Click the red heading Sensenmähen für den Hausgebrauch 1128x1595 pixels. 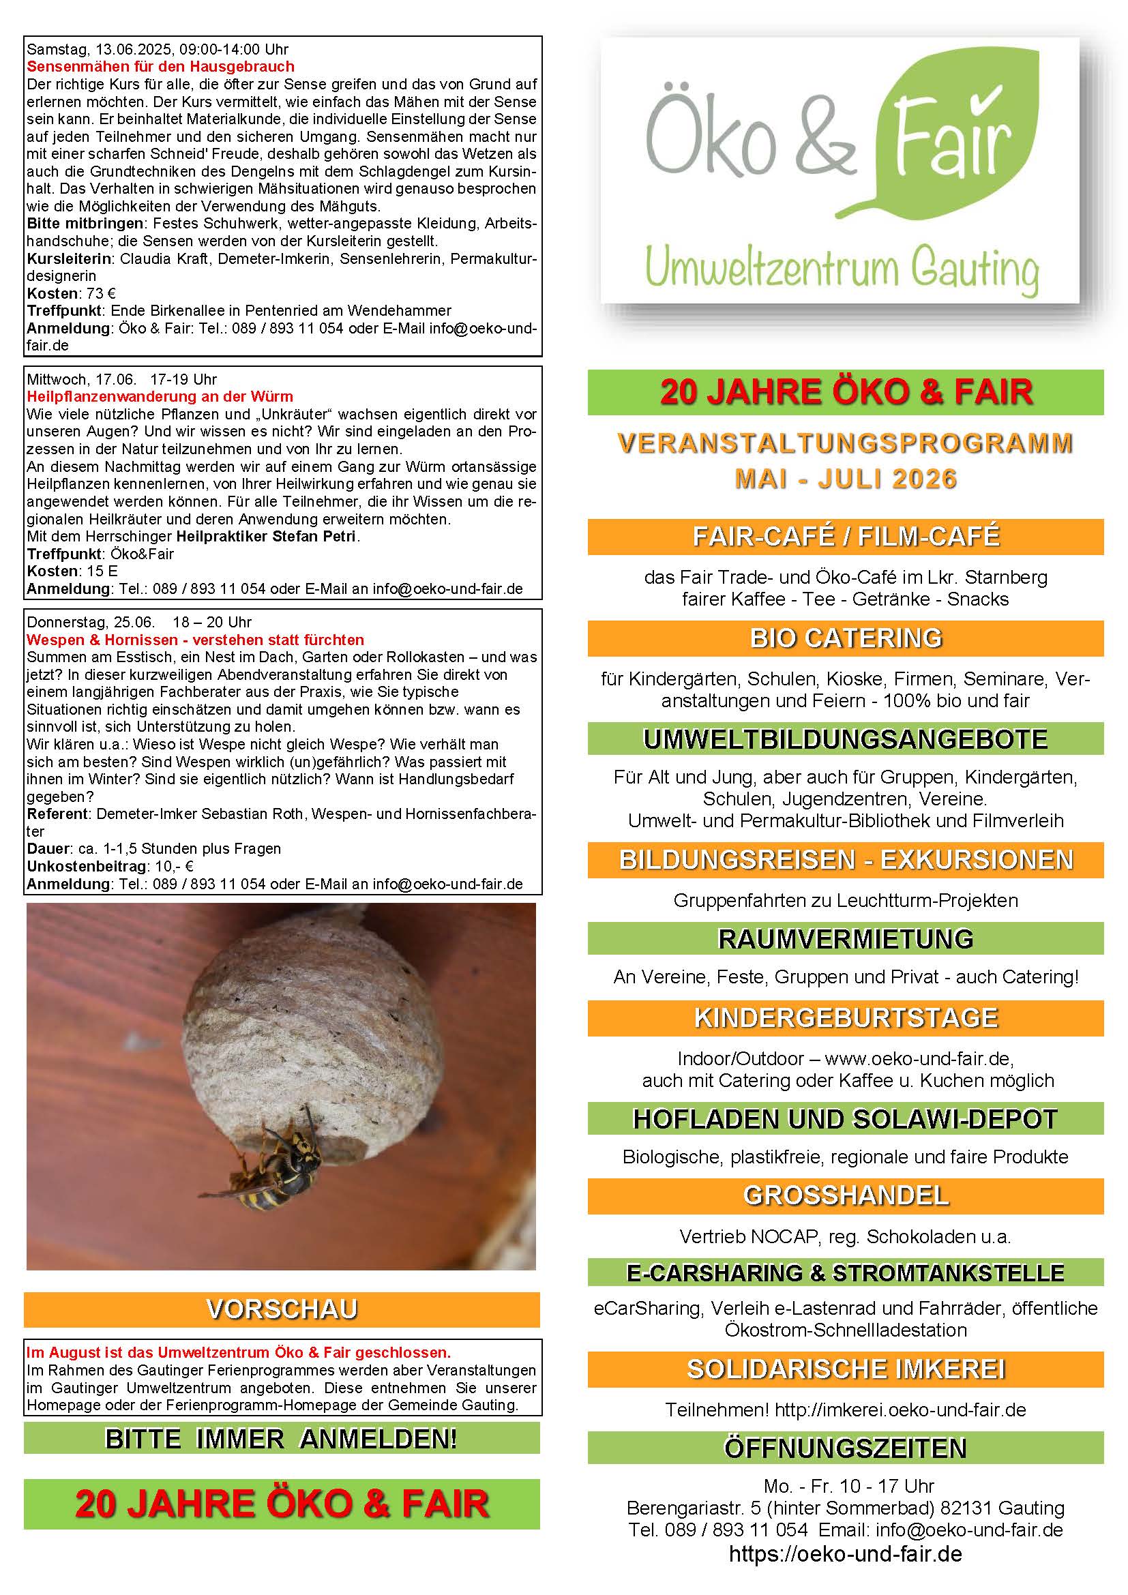[x=160, y=67]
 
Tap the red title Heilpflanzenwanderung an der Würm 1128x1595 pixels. [x=160, y=397]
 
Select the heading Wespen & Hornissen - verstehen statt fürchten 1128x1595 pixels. [x=195, y=640]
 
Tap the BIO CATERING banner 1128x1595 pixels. [x=845, y=638]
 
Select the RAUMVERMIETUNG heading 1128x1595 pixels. [x=845, y=938]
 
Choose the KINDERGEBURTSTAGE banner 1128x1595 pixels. [x=845, y=1017]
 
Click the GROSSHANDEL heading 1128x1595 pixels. [x=845, y=1195]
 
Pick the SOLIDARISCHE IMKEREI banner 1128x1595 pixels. [x=845, y=1369]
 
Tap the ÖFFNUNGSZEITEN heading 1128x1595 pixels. [x=845, y=1448]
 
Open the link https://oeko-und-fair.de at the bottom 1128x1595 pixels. [x=845, y=1553]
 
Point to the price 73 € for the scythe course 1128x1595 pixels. [x=102, y=293]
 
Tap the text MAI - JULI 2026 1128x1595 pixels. [x=845, y=479]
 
